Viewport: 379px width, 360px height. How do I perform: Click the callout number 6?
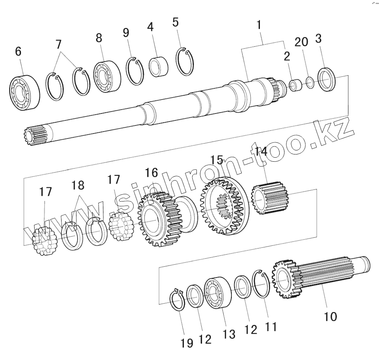[x=18, y=52]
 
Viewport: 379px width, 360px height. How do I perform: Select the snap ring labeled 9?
[x=135, y=72]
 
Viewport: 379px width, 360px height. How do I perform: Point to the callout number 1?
[x=260, y=25]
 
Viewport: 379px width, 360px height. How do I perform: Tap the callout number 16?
[x=151, y=173]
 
